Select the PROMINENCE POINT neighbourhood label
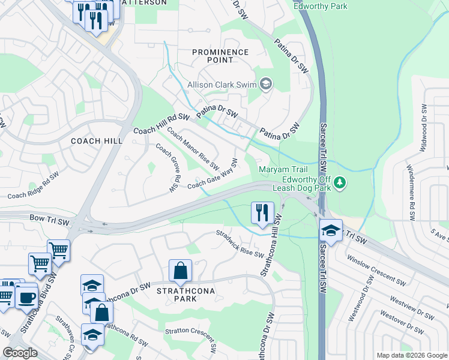[x=220, y=56]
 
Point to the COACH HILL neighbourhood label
[x=97, y=141]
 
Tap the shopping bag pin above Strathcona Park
[x=180, y=272]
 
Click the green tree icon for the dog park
[x=340, y=181]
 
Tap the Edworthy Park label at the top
[x=320, y=6]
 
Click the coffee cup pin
[x=26, y=298]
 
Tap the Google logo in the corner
[x=20, y=352]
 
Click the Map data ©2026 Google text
[x=411, y=355]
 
